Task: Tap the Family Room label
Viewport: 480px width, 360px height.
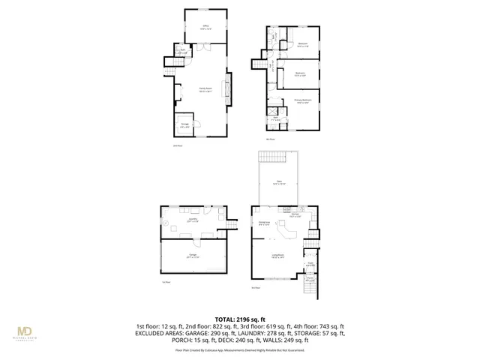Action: pos(204,88)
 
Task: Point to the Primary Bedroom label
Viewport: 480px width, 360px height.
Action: pos(302,103)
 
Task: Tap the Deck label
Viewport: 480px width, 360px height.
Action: pos(277,183)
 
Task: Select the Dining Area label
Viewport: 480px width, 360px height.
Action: pos(264,223)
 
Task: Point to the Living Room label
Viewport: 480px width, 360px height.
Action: pos(277,256)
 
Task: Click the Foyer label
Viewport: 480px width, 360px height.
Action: pos(310,264)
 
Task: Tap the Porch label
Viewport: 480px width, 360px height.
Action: pos(310,280)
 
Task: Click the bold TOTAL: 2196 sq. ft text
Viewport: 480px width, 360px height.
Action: pos(239,319)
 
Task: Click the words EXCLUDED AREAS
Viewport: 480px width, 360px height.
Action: pos(160,334)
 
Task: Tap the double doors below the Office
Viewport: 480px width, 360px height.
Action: pos(203,47)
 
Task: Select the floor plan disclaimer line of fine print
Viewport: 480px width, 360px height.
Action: pos(239,349)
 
